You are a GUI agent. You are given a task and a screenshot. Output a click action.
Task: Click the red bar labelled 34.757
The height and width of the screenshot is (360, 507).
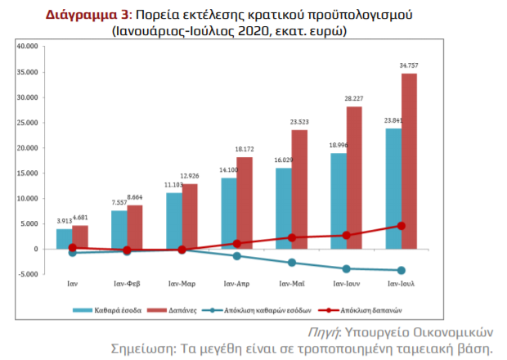[x=409, y=161]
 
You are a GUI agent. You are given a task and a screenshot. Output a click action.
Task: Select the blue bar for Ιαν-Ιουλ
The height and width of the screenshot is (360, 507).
[x=393, y=188]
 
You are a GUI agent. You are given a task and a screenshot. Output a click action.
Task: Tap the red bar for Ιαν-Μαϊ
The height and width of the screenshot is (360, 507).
[x=299, y=189]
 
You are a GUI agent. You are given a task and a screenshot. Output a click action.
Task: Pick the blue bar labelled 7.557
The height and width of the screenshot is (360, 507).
[x=119, y=230]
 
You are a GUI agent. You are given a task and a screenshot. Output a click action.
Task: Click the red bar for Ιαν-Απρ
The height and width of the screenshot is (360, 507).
[x=245, y=203]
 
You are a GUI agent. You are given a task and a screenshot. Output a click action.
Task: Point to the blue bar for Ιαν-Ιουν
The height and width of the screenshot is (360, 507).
[x=339, y=200]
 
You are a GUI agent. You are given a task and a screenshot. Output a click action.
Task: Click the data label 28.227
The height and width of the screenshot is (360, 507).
[x=354, y=98]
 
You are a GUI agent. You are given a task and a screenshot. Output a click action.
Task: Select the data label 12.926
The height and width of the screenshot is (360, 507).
[x=190, y=176]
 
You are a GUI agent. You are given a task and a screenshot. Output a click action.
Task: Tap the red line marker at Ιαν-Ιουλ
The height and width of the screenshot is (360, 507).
[x=402, y=226]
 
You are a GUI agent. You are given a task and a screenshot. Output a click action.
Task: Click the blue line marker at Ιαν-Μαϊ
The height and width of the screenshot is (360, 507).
[x=292, y=263]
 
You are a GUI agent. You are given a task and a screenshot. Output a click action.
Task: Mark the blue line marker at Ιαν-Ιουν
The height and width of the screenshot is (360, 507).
[x=346, y=268]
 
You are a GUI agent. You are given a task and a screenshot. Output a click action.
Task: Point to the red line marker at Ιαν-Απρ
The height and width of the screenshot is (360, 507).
[x=236, y=244]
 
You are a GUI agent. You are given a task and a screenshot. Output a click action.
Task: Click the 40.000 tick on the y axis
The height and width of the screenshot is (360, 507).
[x=28, y=47]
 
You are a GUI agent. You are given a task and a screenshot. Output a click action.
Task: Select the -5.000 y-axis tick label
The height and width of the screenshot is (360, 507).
[x=28, y=274]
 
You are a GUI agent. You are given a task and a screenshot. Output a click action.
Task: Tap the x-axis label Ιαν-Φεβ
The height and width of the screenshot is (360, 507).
[x=127, y=284]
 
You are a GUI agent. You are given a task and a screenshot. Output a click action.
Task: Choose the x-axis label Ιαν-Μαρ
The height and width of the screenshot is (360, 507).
[x=182, y=284]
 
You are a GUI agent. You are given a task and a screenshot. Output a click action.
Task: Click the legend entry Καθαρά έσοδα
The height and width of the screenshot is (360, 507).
[x=107, y=310]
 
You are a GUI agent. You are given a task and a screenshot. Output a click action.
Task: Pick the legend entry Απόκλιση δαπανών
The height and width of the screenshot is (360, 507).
[x=360, y=310]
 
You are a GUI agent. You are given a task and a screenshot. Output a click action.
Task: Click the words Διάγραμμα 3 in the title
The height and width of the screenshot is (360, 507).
[x=87, y=15]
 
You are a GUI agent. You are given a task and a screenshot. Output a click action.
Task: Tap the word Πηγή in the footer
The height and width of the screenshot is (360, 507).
[x=323, y=333]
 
